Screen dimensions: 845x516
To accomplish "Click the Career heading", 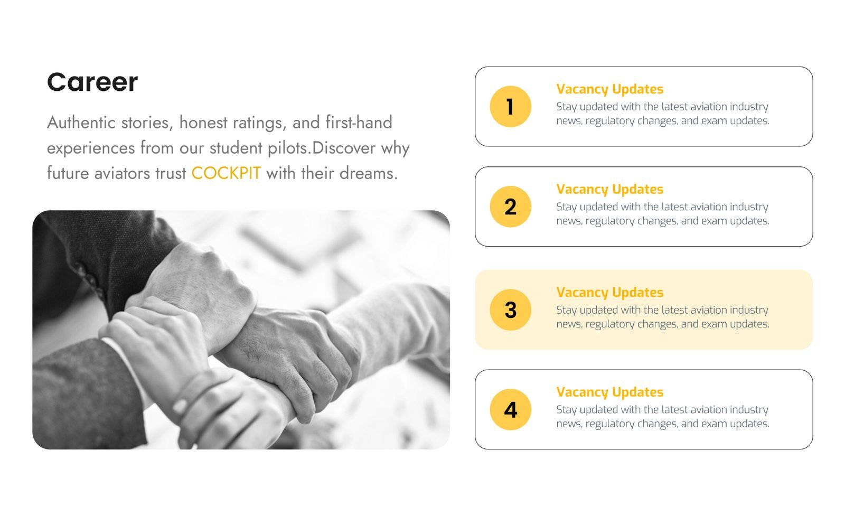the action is point(92,82).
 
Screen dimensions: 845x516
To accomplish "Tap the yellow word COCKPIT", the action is point(226,174).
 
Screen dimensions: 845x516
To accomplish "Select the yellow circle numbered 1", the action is point(510,106).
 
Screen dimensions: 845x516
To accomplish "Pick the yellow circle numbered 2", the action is point(510,207).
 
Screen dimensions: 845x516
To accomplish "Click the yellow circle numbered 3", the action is point(510,309).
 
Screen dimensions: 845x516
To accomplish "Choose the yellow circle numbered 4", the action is point(510,410).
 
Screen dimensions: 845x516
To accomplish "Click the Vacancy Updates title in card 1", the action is point(609,89).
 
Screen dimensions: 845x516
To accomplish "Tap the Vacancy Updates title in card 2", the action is point(609,190).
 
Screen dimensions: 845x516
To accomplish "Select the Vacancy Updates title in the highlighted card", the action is point(609,293).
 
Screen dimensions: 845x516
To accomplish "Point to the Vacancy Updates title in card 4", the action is point(609,392).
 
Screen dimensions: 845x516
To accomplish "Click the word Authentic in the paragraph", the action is point(81,123).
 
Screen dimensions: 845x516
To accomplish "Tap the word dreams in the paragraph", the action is point(368,174).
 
